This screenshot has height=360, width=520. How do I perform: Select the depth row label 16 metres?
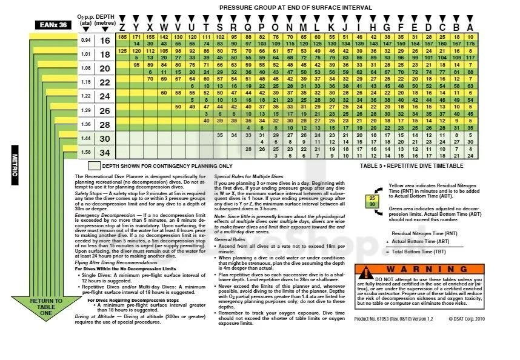pyautogui.click(x=105, y=41)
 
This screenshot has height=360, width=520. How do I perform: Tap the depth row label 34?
pyautogui.click(x=105, y=152)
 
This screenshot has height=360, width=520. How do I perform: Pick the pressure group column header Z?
pyautogui.click(x=122, y=27)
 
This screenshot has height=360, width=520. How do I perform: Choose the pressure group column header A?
pyautogui.click(x=470, y=27)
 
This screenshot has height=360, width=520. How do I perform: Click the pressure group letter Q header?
pyautogui.click(x=248, y=27)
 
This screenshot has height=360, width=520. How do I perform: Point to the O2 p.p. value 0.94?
pyautogui.click(x=85, y=41)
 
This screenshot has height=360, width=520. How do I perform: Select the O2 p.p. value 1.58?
pyautogui.click(x=85, y=152)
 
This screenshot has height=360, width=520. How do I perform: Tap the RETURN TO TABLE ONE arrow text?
pyautogui.click(x=46, y=307)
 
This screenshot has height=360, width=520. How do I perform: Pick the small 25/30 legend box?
pyautogui.click(x=372, y=202)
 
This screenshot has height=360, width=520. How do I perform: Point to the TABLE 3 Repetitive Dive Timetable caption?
pyautogui.click(x=412, y=165)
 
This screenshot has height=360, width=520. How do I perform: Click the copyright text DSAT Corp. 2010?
pyautogui.click(x=468, y=335)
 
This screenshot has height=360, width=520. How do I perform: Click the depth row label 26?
pyautogui.click(x=105, y=110)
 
